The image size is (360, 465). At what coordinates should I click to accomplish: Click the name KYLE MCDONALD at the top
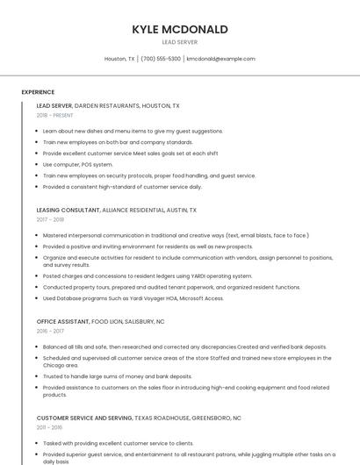pyautogui.click(x=180, y=29)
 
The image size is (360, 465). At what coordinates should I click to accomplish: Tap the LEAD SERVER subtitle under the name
pyautogui.click(x=180, y=42)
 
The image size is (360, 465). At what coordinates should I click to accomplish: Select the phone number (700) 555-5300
pyautogui.click(x=161, y=59)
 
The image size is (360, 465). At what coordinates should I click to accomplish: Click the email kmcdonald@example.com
pyautogui.click(x=221, y=59)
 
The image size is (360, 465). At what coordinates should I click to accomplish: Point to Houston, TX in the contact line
pyautogui.click(x=119, y=59)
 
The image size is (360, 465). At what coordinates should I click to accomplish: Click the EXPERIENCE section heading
pyautogui.click(x=38, y=91)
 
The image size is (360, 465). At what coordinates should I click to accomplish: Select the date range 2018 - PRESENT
pyautogui.click(x=55, y=115)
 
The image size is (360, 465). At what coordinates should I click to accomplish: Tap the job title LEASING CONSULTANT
pyautogui.click(x=68, y=211)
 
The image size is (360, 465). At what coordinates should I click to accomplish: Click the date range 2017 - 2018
pyautogui.click(x=50, y=220)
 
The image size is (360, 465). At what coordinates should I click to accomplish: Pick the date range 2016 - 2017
pyautogui.click(x=50, y=331)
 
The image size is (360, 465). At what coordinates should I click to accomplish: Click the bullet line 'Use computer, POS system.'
pyautogui.click(x=78, y=164)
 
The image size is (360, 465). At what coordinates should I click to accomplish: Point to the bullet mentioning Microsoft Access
pyautogui.click(x=133, y=298)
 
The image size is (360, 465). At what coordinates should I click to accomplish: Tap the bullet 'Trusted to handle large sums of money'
pyautogui.click(x=118, y=376)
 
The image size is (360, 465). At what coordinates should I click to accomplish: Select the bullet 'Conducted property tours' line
pyautogui.click(x=171, y=287)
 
